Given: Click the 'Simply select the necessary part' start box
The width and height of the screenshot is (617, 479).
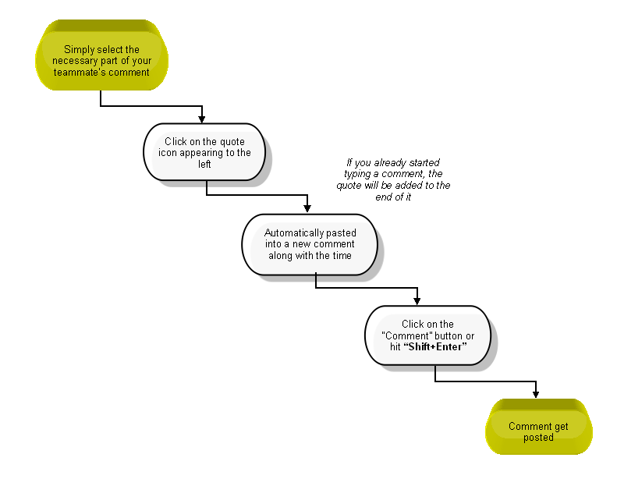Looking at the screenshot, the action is coord(102,55).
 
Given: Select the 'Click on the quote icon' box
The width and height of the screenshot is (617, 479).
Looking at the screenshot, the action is coord(204,152).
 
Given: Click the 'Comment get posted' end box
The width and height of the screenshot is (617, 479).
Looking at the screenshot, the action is coord(539,427).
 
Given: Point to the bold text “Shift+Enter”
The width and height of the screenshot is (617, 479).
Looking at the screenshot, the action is coord(435,346).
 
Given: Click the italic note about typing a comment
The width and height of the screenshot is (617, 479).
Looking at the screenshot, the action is coord(393,179).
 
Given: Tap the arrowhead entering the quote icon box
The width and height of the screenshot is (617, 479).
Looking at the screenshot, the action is coord(202,119).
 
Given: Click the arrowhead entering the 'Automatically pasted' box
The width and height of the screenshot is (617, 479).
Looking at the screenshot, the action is coord(307,208).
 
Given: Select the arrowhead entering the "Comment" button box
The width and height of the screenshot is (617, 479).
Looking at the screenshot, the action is coord(417,301).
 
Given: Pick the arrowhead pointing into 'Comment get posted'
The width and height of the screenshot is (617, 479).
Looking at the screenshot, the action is coord(536,394).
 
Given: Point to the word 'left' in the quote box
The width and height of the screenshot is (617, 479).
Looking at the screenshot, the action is coord(204,164).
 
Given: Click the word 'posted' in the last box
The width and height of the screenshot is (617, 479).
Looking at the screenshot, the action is coord(538,438).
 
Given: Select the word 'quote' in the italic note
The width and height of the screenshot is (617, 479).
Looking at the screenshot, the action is coord(349,186).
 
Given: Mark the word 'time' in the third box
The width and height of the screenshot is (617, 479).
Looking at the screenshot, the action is coord(342,255).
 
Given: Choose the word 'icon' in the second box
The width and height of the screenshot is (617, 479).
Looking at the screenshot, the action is coord(168,152).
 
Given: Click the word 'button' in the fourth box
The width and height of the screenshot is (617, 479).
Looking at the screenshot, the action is coord(449,335).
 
